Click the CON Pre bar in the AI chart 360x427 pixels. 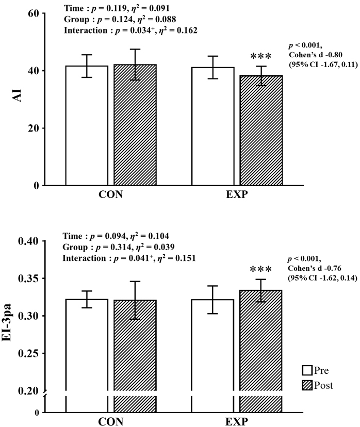[86, 126]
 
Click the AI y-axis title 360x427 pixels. [16, 99]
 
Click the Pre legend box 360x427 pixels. [307, 370]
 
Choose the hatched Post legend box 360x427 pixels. [307, 385]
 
